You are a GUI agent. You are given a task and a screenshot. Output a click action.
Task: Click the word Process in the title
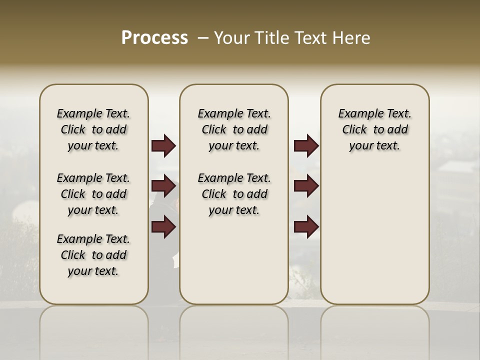(x=154, y=37)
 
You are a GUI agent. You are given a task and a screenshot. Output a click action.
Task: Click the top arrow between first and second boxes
(x=163, y=146)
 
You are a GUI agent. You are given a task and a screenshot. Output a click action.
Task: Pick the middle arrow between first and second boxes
(x=163, y=186)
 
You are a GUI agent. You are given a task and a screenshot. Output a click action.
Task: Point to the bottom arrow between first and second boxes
(x=163, y=227)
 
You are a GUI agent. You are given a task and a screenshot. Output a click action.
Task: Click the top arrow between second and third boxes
(x=306, y=146)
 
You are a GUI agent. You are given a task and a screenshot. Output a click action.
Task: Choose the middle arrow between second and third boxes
(x=306, y=186)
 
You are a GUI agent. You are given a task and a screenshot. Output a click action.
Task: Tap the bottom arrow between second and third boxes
(x=306, y=227)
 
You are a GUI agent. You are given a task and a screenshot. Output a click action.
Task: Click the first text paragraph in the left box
(x=93, y=129)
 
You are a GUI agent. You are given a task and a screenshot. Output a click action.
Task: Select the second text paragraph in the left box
(x=93, y=194)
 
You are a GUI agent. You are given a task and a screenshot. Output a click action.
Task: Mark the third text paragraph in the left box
(x=93, y=255)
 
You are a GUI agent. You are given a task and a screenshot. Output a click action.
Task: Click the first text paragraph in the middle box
(x=234, y=129)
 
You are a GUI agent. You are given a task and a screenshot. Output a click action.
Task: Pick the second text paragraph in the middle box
(x=234, y=194)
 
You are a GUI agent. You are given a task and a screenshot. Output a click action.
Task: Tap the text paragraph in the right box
(x=375, y=129)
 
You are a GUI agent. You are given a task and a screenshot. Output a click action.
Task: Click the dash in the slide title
(x=202, y=37)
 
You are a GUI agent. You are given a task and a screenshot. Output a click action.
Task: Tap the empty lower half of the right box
(x=375, y=240)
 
